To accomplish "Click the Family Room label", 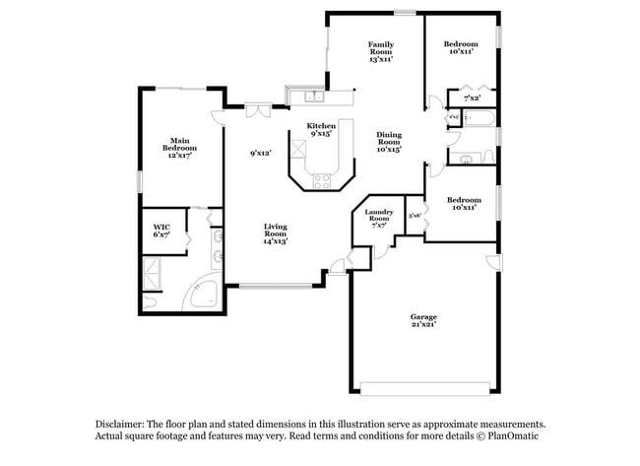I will tap(381, 51).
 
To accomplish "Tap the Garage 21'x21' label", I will tap(423, 320).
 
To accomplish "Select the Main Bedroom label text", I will tap(178, 148).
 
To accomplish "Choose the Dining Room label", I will tap(389, 143).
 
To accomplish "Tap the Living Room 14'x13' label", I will tap(275, 233).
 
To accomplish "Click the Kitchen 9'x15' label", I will tap(322, 130).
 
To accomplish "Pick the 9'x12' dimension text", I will tap(260, 153).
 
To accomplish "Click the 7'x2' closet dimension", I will tap(473, 99).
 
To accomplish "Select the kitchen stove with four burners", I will tap(321, 180).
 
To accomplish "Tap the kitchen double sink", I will tap(313, 97).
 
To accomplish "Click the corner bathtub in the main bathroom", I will tap(203, 293).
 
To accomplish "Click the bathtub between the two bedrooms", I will tap(481, 120).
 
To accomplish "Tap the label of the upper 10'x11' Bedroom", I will tap(460, 47).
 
